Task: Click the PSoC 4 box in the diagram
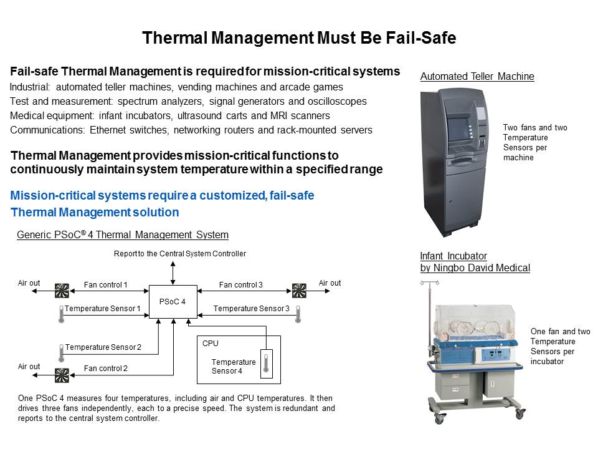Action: point(173,302)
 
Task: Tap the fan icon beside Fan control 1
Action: point(62,291)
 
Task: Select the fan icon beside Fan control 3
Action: point(299,291)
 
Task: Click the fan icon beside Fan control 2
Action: point(62,375)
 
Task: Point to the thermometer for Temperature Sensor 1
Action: point(62,314)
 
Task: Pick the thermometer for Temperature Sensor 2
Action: point(62,353)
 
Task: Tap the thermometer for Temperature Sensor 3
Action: point(298,314)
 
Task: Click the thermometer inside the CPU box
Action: point(266,364)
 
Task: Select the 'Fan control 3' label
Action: point(240,285)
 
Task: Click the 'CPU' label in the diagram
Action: point(211,344)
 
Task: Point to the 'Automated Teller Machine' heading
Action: point(477,76)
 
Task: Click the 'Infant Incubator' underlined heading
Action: point(453,256)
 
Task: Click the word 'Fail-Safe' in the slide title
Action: point(420,38)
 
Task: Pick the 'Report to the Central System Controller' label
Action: point(180,254)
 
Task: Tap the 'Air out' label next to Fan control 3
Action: point(330,283)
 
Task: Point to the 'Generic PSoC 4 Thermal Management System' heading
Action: point(123,234)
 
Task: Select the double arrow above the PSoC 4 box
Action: point(173,273)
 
